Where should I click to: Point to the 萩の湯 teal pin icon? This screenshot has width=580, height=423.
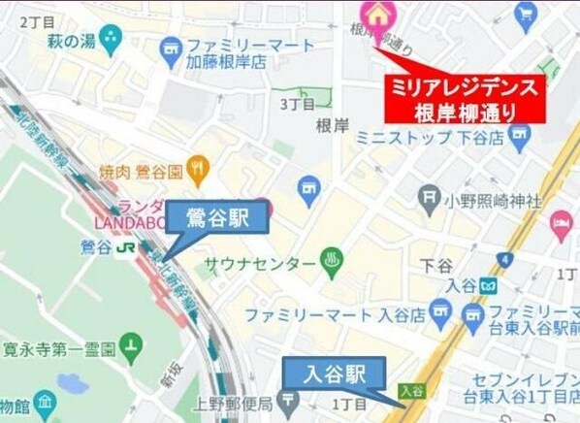[x=111, y=40]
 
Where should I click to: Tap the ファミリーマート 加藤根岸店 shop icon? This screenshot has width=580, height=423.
[x=171, y=48]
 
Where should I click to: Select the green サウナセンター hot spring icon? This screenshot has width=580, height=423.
[x=334, y=263]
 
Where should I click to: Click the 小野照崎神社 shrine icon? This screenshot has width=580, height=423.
[x=431, y=201]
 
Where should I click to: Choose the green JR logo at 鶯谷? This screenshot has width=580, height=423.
[x=125, y=247]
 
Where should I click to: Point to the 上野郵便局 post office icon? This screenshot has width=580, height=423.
[x=290, y=400]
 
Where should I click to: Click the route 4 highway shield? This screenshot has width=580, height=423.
[x=503, y=259]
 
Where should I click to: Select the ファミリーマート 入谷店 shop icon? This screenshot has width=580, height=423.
[x=442, y=313]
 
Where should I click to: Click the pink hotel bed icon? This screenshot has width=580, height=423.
[x=562, y=225]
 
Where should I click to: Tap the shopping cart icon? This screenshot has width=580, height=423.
[x=527, y=14]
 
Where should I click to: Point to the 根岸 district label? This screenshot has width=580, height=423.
[x=332, y=124]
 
